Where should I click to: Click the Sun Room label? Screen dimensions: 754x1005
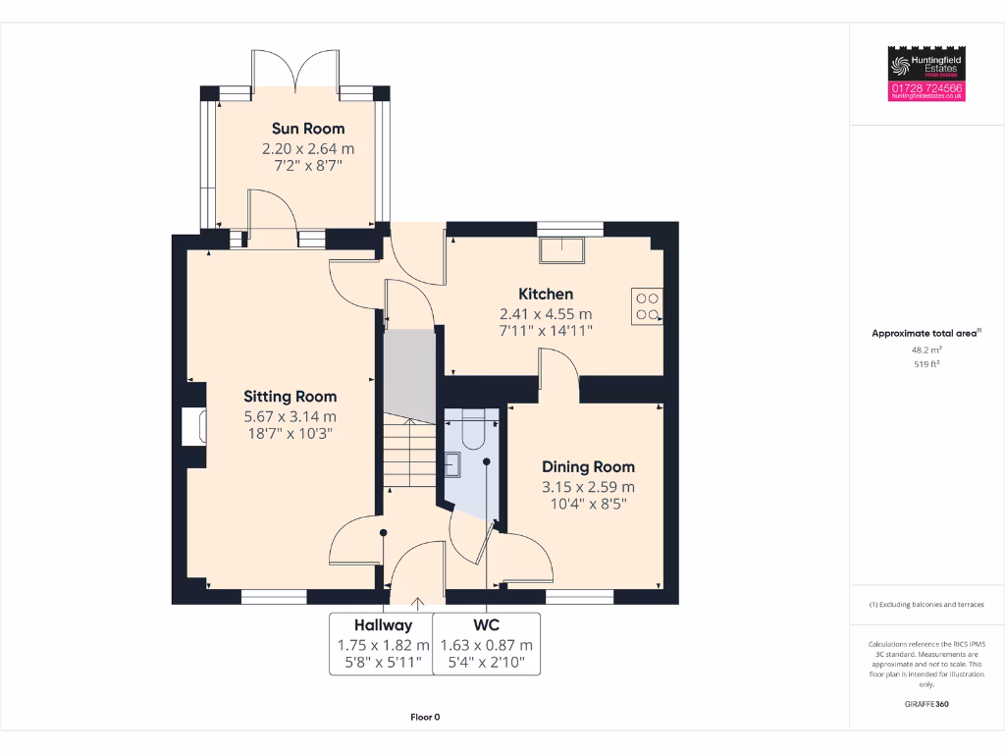[x=308, y=129]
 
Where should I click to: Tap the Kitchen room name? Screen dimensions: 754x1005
[x=546, y=294]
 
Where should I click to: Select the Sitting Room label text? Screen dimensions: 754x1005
[x=290, y=397]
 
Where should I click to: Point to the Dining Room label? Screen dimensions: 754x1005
[x=588, y=467]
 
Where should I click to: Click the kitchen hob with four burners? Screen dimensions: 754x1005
[x=647, y=307]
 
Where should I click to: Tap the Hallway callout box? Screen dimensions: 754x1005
[x=383, y=644]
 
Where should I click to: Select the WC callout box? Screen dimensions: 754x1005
[x=487, y=644]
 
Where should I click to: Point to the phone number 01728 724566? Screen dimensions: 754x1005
[x=926, y=88]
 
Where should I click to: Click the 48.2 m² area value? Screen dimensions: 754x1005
[x=926, y=349]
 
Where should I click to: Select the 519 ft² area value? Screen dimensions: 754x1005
[x=926, y=363]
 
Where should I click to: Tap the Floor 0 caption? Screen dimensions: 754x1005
[x=425, y=718]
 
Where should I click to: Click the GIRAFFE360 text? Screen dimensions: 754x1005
[x=926, y=704]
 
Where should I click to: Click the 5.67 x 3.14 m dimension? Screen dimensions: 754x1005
[x=290, y=415]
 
